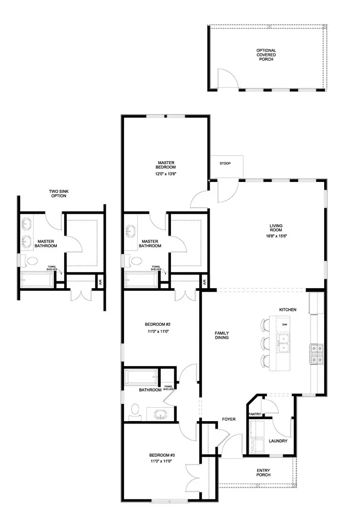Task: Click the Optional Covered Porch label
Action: [x=266, y=54]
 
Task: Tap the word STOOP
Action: [x=225, y=163]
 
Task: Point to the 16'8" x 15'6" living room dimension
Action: [x=276, y=236]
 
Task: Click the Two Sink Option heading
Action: [x=58, y=194]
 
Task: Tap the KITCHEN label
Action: [x=288, y=310]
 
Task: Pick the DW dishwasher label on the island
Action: [x=284, y=324]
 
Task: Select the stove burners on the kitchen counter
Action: [x=317, y=353]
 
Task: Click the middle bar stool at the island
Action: [x=266, y=342]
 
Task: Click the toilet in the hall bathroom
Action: [x=135, y=410]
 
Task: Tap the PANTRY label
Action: [x=255, y=414]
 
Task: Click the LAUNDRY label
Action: [x=277, y=441]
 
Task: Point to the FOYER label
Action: [x=229, y=419]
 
